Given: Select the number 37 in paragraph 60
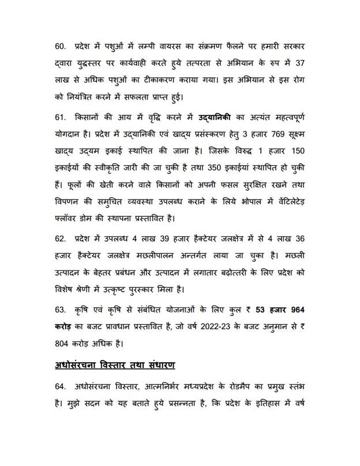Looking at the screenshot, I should (x=313, y=62).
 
